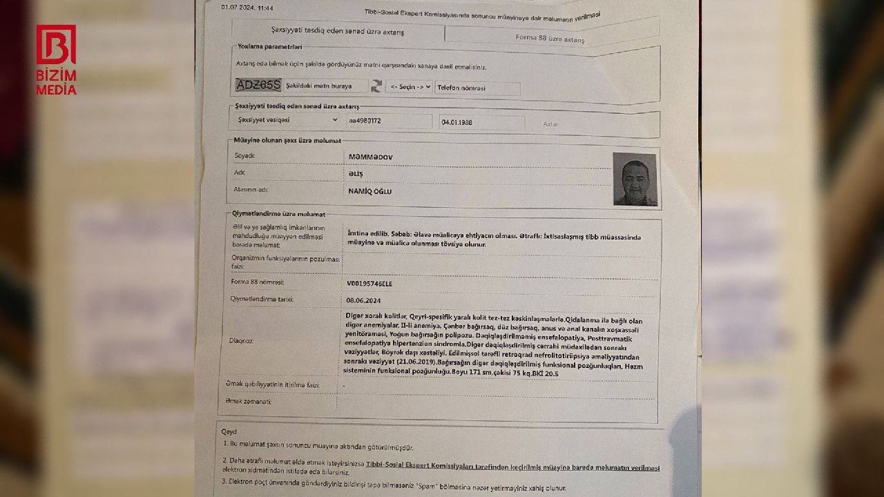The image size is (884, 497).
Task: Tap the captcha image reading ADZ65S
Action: (258, 85)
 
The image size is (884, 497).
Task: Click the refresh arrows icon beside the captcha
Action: (376, 86)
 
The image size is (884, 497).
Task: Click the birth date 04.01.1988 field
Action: (481, 123)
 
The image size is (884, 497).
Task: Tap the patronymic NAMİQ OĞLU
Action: (369, 192)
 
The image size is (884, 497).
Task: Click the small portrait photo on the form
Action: (635, 179)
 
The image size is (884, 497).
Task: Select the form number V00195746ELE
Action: (374, 284)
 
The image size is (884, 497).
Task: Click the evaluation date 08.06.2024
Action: (363, 300)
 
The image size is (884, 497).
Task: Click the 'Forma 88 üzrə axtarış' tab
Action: (550, 39)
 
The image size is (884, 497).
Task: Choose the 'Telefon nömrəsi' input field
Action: (477, 88)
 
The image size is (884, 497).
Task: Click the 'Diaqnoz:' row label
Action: (241, 340)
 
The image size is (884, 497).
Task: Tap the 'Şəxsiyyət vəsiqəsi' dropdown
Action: (287, 119)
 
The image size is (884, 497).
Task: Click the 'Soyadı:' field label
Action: (244, 155)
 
